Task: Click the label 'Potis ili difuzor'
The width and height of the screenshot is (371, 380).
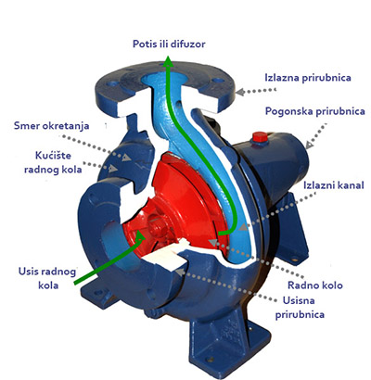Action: (x=169, y=44)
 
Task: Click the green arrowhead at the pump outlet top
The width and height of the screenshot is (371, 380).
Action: (x=168, y=61)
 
